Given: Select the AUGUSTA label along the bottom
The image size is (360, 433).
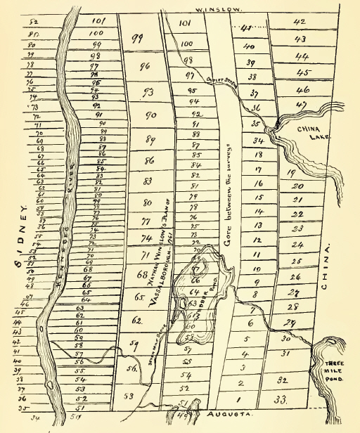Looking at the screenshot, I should [x=231, y=415].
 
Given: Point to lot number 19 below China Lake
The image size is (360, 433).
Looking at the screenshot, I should [x=290, y=172].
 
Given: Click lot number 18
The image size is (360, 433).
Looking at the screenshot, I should [x=258, y=155].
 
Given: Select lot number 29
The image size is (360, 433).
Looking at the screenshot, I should [x=287, y=321].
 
